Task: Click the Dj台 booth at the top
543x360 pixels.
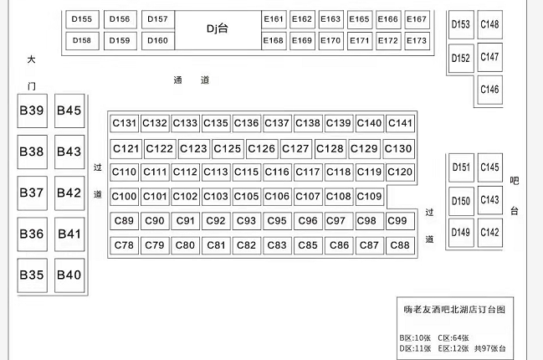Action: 218,30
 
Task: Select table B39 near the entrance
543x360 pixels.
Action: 32,111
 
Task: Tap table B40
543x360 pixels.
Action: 69,275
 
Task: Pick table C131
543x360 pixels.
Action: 125,123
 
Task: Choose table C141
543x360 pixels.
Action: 400,123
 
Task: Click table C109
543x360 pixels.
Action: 370,197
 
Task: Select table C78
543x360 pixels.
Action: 125,245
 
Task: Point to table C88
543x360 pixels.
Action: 400,245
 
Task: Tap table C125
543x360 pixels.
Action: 228,149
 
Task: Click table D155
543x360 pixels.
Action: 82,19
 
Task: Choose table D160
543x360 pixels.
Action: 158,40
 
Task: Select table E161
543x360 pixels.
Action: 274,19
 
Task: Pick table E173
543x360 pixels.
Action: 417,40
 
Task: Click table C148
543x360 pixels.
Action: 489,24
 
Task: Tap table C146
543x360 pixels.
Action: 489,90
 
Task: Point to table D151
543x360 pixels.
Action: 461,167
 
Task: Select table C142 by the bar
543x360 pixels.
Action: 489,233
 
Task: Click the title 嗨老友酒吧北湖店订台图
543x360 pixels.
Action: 454,310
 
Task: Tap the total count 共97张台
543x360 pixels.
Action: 489,348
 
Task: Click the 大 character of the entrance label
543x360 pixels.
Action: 32,59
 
